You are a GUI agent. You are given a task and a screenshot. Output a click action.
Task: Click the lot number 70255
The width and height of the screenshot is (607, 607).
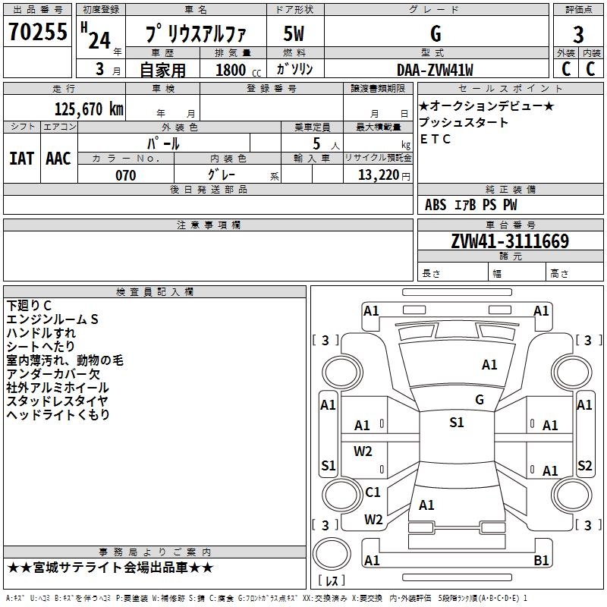tap(37, 31)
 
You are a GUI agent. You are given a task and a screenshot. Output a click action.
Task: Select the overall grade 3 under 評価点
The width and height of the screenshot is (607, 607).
tap(578, 35)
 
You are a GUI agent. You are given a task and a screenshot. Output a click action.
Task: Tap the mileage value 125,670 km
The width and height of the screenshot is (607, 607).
tap(89, 109)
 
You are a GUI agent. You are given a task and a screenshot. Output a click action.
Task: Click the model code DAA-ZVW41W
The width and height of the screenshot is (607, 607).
tap(435, 70)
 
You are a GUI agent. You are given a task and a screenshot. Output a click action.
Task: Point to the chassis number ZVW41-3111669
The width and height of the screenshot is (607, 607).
tap(510, 241)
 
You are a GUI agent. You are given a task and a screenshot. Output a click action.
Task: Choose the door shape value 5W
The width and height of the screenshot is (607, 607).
tap(294, 33)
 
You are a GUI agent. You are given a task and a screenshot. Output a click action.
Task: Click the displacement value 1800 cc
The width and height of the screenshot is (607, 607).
tap(238, 70)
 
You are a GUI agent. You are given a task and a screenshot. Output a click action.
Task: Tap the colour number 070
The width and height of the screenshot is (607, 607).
tap(126, 175)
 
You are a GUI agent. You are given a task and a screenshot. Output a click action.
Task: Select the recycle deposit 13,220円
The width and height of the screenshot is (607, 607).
tap(384, 175)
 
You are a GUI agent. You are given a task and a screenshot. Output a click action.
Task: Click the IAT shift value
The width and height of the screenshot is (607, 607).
tap(22, 159)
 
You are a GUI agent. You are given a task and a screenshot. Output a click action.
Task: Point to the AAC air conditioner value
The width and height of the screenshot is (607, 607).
tap(58, 159)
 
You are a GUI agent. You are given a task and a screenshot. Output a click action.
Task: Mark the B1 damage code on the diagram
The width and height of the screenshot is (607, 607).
tap(541, 560)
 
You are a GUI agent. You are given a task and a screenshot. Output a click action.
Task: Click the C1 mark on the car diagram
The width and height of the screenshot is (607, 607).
tap(373, 492)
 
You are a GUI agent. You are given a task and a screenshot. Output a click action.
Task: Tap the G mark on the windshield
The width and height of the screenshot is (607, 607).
tap(480, 400)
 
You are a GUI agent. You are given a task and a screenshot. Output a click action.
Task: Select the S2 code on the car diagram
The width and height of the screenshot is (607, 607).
tap(584, 465)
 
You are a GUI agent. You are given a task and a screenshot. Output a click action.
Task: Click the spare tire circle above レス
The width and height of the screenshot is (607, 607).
tap(332, 554)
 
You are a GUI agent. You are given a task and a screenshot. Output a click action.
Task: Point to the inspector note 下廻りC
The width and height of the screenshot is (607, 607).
tap(29, 306)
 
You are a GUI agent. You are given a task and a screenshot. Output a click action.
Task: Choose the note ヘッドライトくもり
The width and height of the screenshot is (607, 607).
tap(58, 414)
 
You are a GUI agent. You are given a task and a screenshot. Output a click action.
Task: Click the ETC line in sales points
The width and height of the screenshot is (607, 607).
tap(435, 139)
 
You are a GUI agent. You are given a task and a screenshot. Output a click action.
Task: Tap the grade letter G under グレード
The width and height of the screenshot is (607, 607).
tap(436, 33)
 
